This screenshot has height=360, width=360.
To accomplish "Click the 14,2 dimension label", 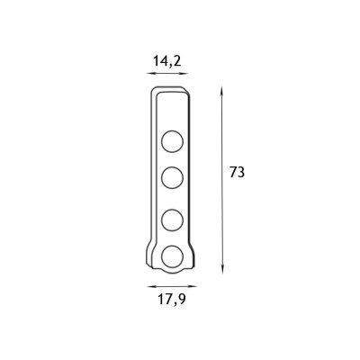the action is coord(167,61).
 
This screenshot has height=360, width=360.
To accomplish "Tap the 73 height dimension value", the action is coord(238,173).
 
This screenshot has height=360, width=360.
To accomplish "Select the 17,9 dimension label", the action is coord(172,299).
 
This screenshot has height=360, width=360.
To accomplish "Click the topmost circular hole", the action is coord(172,141).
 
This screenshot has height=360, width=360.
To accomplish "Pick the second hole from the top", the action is coord(172,178).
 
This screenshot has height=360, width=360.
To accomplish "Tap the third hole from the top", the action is coord(172,220).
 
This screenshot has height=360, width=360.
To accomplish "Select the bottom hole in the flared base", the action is coord(172,256).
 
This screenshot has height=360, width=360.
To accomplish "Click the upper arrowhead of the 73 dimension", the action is coord(222,90).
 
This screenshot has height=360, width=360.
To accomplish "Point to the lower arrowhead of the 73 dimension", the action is coord(222,270).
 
